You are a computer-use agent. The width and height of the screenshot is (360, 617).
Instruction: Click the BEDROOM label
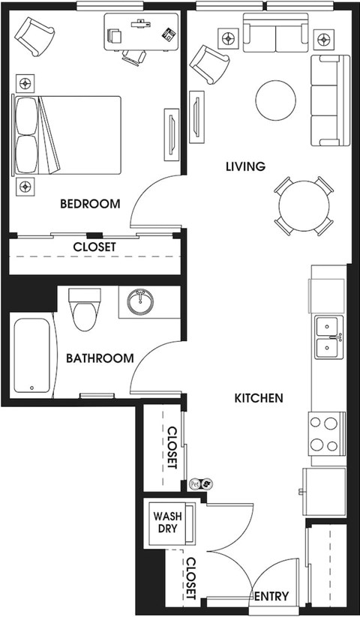[x=90, y=204]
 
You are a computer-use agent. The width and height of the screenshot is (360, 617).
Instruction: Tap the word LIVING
[x=245, y=166]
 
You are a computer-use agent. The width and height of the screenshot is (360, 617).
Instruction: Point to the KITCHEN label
[x=259, y=398]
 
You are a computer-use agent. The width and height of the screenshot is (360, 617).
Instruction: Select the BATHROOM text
[x=100, y=358]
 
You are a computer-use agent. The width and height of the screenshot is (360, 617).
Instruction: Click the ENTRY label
[x=271, y=597]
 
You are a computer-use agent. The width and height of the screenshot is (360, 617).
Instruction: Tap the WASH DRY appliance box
[x=169, y=523]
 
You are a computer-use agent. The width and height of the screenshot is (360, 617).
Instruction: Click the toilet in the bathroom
[x=85, y=310]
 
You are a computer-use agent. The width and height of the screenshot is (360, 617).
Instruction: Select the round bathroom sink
[x=140, y=302]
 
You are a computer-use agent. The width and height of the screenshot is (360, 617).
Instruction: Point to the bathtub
[x=33, y=355]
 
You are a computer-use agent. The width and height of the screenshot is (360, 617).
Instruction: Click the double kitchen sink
[x=329, y=337]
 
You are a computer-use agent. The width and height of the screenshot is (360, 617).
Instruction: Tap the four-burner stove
[x=326, y=434]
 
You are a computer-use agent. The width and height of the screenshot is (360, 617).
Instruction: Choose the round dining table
[x=304, y=206]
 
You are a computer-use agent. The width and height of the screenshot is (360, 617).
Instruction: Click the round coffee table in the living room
[x=275, y=100]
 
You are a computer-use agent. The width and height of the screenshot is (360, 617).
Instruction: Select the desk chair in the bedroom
[x=133, y=57]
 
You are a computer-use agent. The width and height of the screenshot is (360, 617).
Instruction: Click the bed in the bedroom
[x=67, y=135]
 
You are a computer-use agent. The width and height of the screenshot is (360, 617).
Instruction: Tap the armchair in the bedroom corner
[x=34, y=37]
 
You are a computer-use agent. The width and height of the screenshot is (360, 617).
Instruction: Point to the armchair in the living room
[x=209, y=64]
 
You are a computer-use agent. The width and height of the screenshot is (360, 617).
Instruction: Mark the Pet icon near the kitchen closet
[x=194, y=484]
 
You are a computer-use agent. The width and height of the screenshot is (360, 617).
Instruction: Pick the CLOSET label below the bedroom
[x=94, y=247]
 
